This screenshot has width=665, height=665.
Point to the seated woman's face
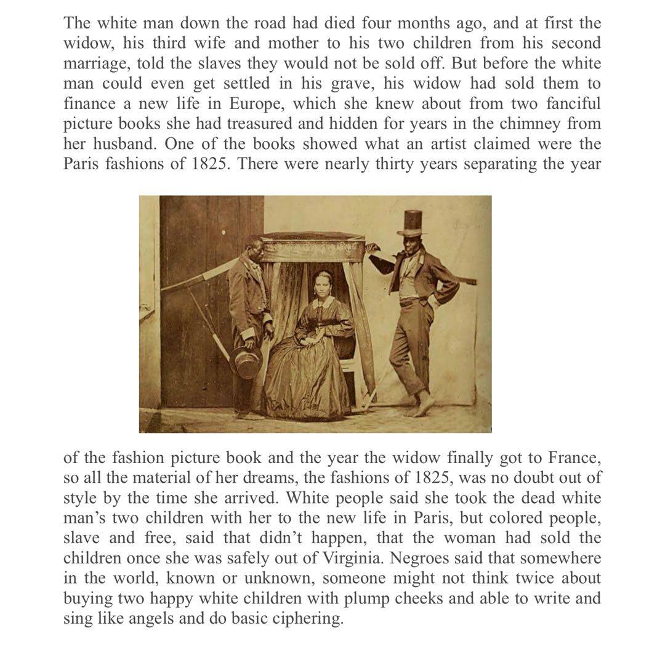pos(321,286)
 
